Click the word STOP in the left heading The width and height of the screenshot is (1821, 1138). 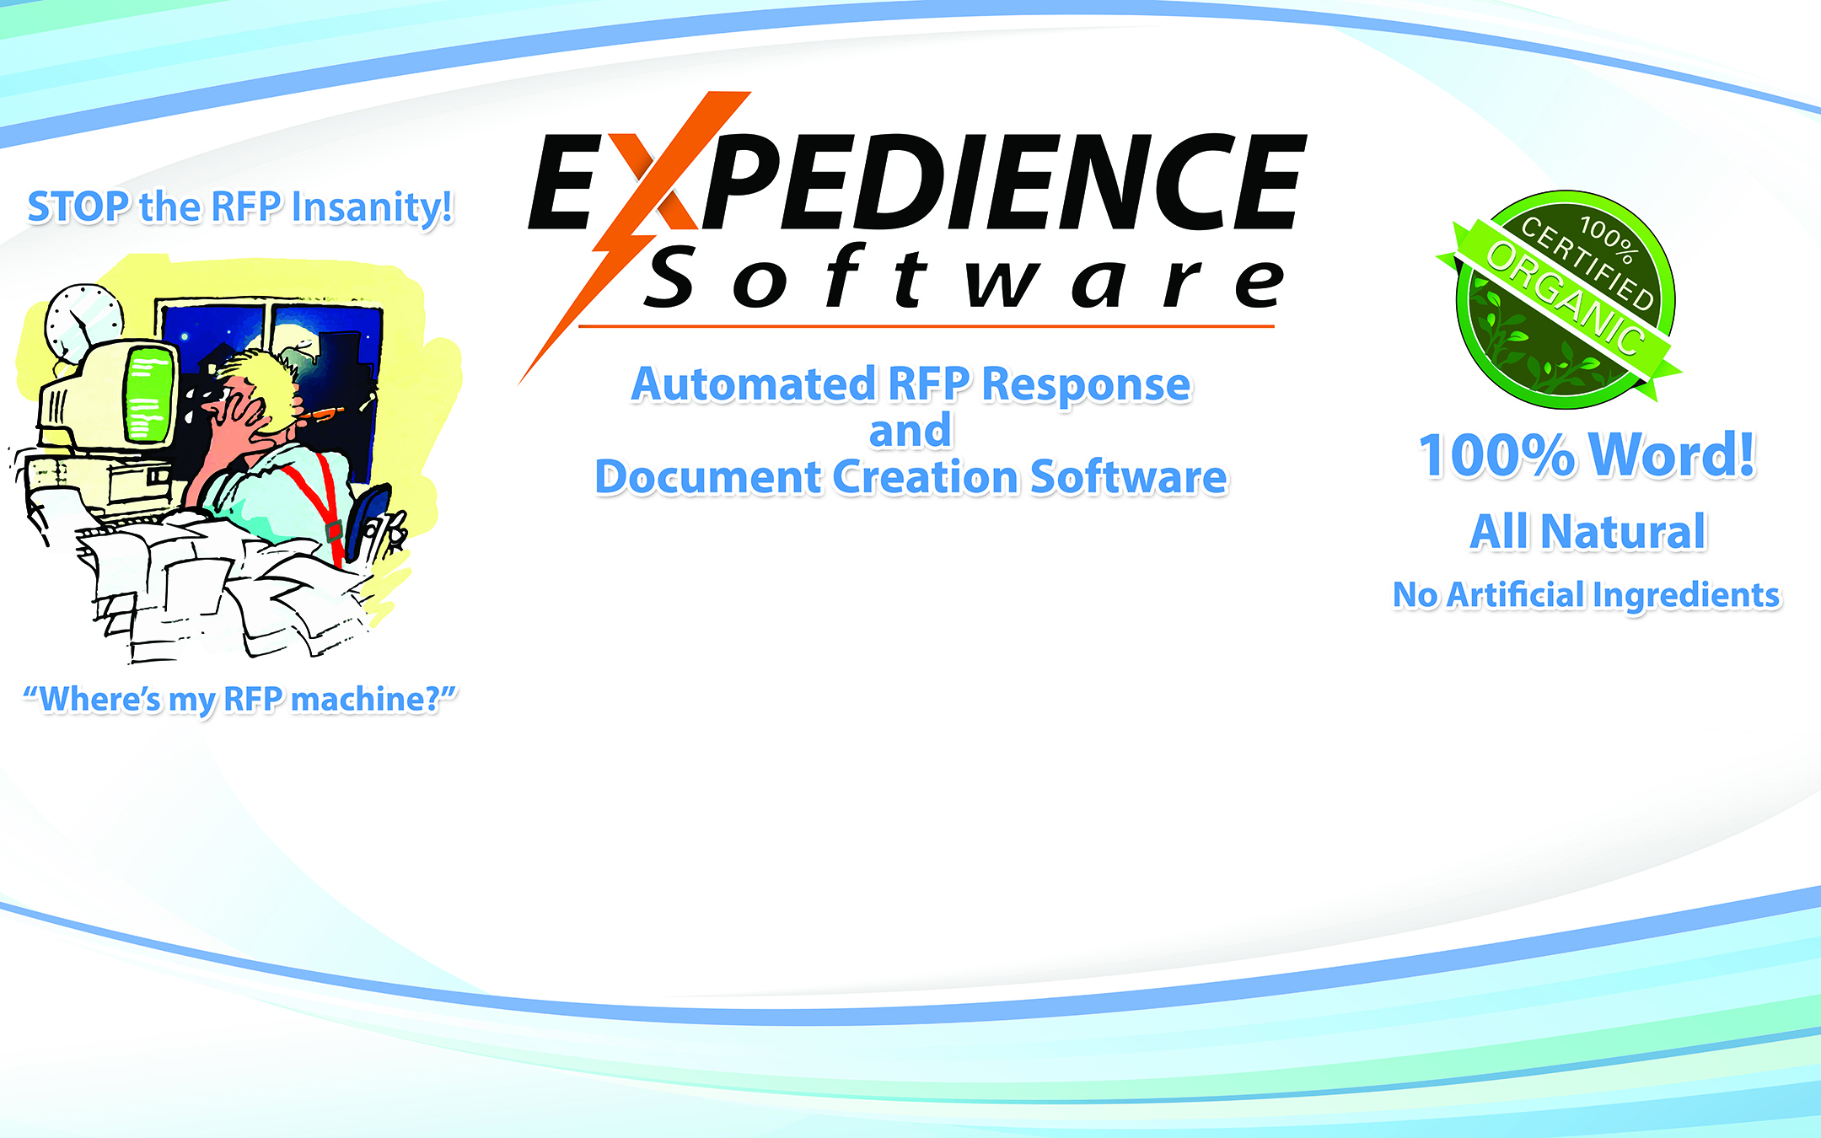(x=79, y=207)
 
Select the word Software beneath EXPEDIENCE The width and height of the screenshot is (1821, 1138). (x=965, y=276)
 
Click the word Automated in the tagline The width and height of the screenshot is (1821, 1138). (x=754, y=384)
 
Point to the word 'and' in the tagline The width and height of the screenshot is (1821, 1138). (x=910, y=431)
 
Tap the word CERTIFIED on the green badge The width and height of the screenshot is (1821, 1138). (x=1587, y=262)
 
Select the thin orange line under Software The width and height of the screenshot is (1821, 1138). (x=927, y=326)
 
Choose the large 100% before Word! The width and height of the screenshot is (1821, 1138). (x=1497, y=456)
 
